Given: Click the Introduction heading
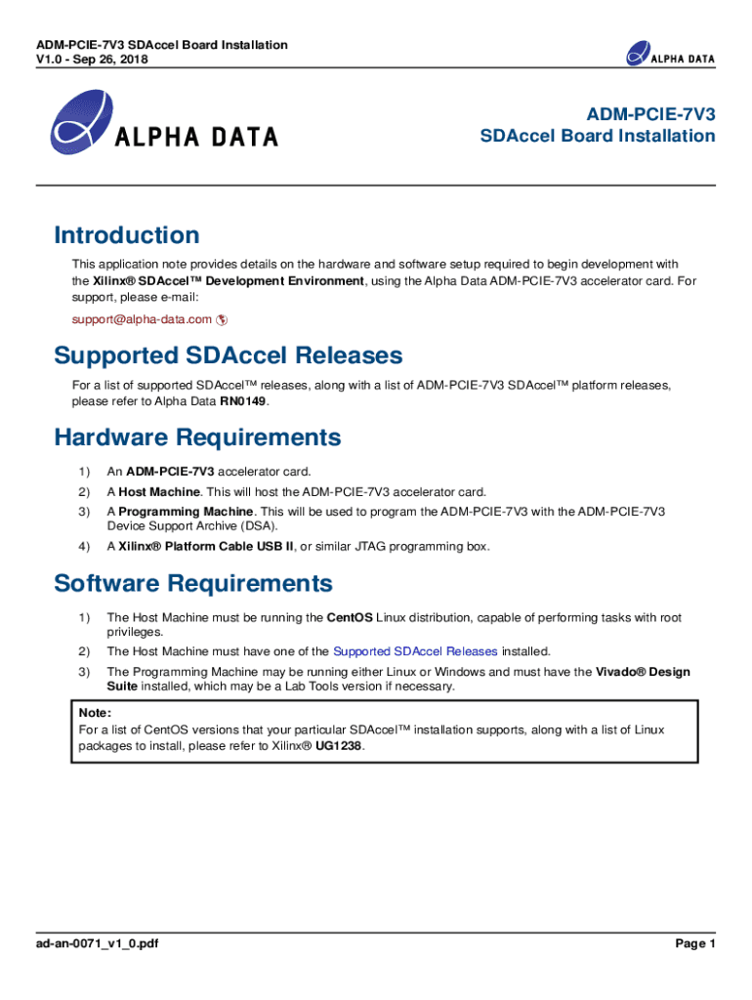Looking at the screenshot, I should (127, 235).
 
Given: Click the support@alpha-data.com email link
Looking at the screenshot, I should (142, 319).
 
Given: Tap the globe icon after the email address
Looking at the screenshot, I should (222, 319).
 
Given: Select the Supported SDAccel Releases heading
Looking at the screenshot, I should (228, 354).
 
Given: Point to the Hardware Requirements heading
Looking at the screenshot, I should (198, 437).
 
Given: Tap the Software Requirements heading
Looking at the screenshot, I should (193, 583).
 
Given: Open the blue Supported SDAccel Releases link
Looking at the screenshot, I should (415, 650).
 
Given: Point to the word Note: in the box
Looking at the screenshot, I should (95, 712).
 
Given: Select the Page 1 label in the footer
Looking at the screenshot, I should (695, 943).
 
